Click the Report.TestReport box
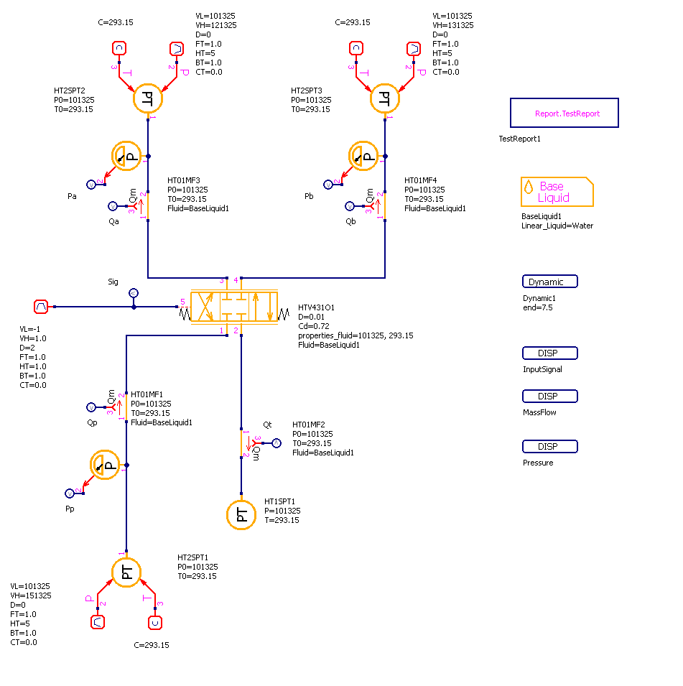point(564,113)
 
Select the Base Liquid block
point(557,192)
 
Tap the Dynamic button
point(550,282)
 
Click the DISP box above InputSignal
point(550,353)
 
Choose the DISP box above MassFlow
point(550,396)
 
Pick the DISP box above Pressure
point(550,446)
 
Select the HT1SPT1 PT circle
point(241,514)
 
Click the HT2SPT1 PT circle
point(126,572)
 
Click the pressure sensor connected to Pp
point(107,465)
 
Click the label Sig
point(112,283)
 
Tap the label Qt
point(268,425)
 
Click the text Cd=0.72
point(315,326)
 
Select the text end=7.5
point(538,307)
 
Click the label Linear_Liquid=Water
point(557,226)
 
